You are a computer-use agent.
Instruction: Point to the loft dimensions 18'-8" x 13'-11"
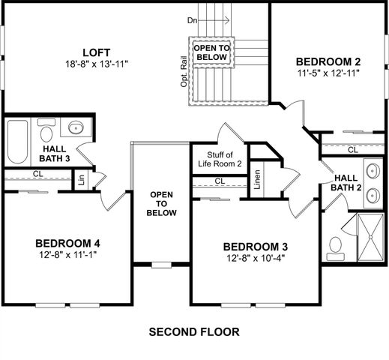[x=97, y=64]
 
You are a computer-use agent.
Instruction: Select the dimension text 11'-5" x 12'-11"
[x=328, y=73]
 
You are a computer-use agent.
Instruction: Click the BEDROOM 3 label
[x=255, y=247]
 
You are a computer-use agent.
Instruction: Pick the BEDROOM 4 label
[x=67, y=243]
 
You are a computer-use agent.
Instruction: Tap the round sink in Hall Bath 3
[x=76, y=128]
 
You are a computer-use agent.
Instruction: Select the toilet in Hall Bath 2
[x=335, y=245]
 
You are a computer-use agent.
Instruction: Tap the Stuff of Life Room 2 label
[x=219, y=158]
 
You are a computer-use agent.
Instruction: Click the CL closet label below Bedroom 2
[x=352, y=150]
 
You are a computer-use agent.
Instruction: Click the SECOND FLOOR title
[x=194, y=331]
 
